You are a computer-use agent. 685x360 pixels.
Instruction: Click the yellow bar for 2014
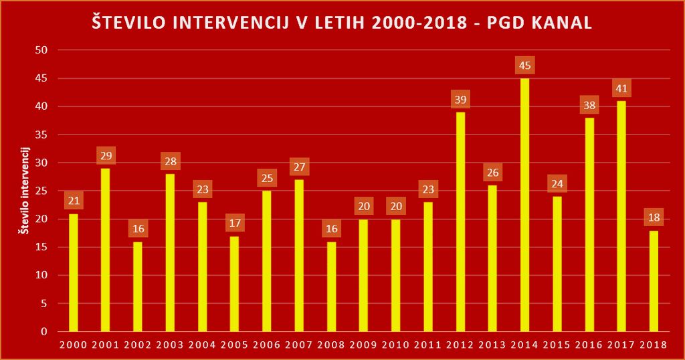point(525,205)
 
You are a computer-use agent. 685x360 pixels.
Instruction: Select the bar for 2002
point(138,286)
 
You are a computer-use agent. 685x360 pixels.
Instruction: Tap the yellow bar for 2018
point(654,281)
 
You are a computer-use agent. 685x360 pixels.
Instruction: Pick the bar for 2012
point(460,221)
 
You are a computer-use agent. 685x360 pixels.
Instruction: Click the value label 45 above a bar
point(525,66)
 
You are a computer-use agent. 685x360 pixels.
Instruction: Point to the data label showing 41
point(622,88)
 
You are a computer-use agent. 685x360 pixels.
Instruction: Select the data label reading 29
point(106,156)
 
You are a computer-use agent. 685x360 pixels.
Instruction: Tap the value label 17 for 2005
point(235,223)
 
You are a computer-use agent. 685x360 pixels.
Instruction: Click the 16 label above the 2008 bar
point(331,229)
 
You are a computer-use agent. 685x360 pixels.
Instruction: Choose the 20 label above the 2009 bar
point(364,206)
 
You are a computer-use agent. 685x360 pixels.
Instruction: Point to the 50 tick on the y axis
point(41,50)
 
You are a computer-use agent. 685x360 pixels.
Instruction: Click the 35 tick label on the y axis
point(41,134)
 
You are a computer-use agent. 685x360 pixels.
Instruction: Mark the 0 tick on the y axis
point(44,331)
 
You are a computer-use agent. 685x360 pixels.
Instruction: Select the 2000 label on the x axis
point(73,345)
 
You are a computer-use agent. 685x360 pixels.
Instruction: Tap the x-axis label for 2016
point(589,345)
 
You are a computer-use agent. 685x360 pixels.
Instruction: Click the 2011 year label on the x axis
point(428,345)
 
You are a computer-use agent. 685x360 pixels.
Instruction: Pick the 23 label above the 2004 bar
point(202,189)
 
